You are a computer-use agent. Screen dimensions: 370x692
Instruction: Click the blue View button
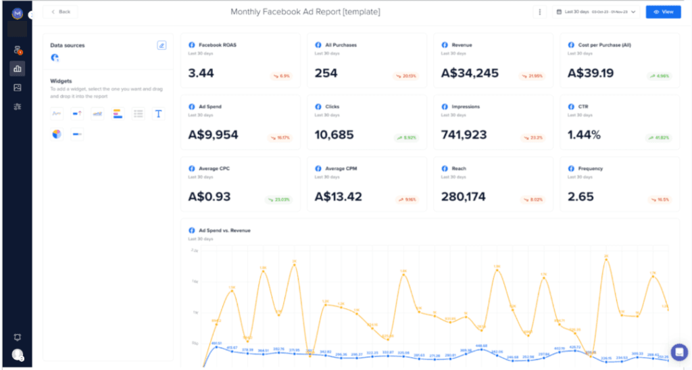coord(663,11)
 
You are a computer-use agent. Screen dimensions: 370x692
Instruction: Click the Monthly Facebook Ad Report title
coord(305,11)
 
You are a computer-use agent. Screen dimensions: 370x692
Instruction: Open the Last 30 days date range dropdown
coord(595,11)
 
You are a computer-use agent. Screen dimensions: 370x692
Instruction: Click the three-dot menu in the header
coord(539,11)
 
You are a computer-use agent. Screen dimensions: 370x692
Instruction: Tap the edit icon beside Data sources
coord(162,45)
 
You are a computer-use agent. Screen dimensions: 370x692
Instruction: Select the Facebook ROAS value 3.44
coord(201,72)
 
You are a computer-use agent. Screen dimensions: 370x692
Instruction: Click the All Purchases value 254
coord(326,72)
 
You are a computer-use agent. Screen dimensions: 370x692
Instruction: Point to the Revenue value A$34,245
coord(470,72)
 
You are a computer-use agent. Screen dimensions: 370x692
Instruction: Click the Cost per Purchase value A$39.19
coord(591,72)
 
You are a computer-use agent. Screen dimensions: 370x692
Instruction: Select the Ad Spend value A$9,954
coord(213,135)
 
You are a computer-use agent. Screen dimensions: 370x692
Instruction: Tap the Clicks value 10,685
coord(334,135)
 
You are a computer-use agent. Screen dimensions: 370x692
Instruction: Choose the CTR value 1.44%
coord(584,135)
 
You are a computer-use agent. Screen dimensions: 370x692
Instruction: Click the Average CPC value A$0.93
coord(209,197)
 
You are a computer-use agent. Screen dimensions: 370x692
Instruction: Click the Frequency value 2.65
coord(581,197)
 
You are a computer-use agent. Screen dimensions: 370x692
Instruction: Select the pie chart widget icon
coord(57,134)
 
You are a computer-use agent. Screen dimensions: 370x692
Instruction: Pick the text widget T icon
coord(158,114)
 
